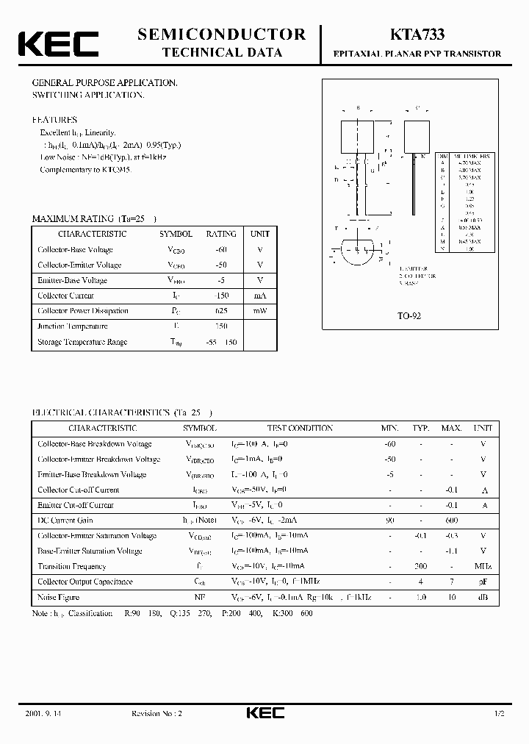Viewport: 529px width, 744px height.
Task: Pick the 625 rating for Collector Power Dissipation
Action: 220,311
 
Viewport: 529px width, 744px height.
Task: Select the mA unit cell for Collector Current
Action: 260,296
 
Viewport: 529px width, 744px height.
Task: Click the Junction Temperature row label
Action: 73,326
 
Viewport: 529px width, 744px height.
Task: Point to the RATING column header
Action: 220,234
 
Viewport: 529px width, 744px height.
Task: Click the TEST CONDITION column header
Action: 300,428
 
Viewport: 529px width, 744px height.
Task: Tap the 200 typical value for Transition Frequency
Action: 420,566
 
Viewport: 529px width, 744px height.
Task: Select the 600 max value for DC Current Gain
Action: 451,521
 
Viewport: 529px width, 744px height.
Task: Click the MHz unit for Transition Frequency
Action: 483,566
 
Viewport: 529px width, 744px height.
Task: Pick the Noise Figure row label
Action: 58,597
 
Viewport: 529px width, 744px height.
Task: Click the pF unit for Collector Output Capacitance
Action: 483,582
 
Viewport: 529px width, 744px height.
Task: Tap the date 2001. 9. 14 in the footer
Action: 38,714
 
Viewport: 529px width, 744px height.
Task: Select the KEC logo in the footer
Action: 264,714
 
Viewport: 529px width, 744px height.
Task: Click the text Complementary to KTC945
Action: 85,169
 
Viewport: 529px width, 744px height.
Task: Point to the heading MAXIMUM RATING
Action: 72,218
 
